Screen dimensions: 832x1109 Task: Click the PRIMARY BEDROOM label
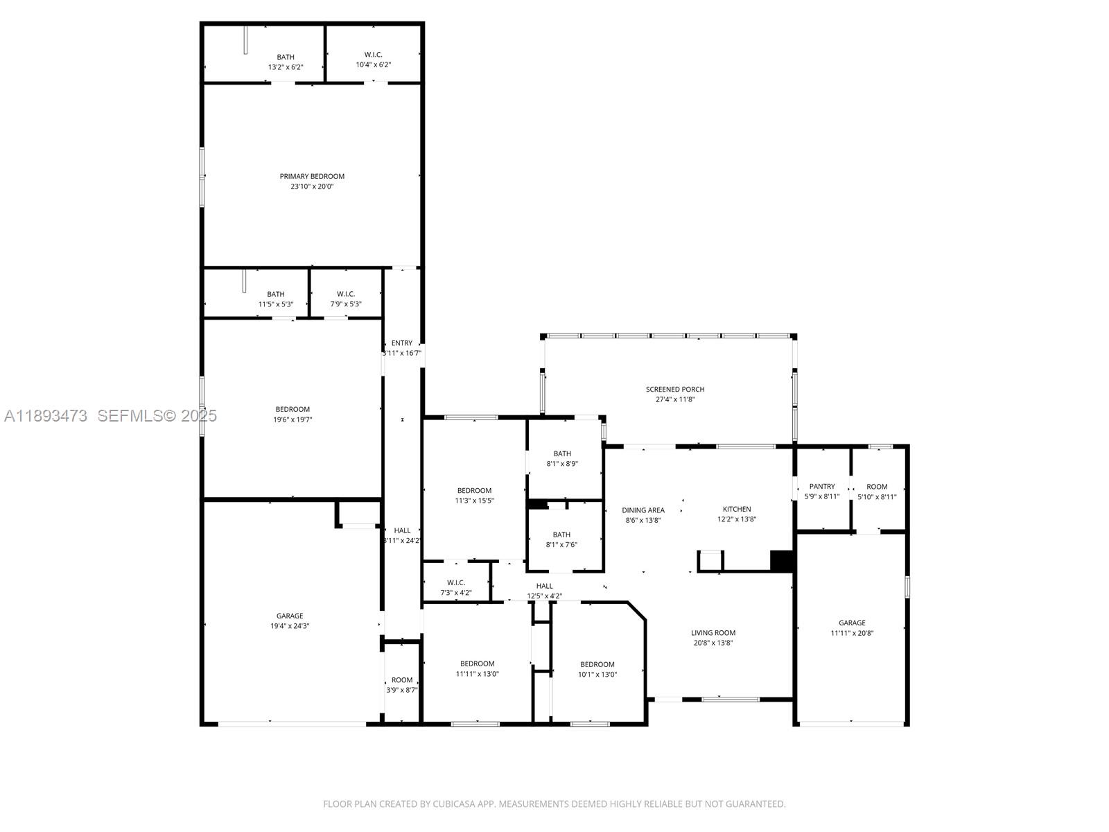coord(312,176)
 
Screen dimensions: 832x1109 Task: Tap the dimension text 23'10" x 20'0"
coord(312,187)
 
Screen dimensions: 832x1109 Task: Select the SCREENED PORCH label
coord(675,389)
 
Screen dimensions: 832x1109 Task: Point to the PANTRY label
coord(822,486)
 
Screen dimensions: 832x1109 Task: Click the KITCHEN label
coord(737,509)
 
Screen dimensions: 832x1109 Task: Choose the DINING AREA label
coord(643,510)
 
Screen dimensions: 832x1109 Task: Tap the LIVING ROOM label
coord(713,632)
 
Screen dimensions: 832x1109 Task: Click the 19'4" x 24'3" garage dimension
coord(290,626)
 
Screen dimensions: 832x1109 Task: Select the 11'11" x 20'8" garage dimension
coord(852,633)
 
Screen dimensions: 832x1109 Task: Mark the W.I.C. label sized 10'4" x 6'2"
coord(373,55)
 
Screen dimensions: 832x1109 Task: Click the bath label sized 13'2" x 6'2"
coord(286,57)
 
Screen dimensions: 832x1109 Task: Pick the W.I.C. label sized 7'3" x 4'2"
coord(456,582)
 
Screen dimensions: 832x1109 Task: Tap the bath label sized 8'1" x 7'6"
coord(561,535)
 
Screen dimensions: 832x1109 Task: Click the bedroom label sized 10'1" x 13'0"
coord(597,664)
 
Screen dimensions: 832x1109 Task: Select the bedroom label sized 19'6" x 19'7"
coord(292,409)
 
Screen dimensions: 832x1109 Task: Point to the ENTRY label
coord(402,343)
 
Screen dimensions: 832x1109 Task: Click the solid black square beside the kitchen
coord(782,561)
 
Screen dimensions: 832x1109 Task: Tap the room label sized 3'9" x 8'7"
coord(402,680)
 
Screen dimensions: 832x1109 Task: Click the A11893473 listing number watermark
coord(46,415)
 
